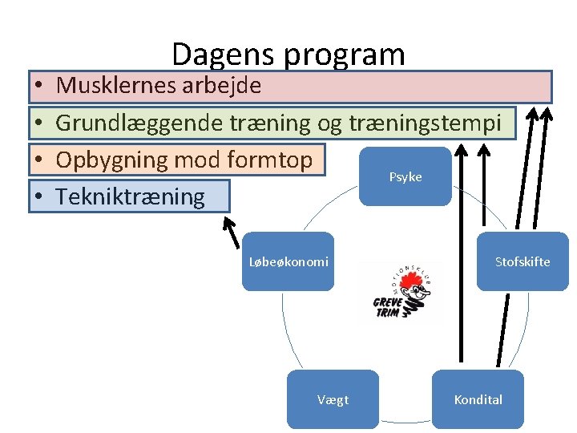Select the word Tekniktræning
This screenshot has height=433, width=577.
coord(130,196)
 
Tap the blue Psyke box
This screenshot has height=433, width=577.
coord(406,176)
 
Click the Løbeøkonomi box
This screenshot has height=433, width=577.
coord(288,261)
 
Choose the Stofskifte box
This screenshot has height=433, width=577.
coord(523,261)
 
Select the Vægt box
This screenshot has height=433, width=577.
coord(333,399)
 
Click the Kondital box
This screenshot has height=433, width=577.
coord(478,399)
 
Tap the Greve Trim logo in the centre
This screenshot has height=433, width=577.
coord(401,291)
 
